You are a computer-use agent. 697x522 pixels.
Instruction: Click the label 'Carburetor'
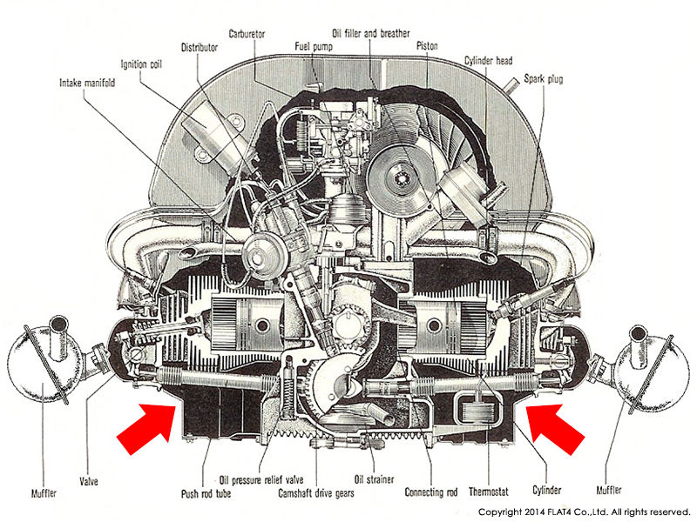(x=247, y=34)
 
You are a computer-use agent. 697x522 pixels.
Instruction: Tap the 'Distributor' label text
(x=200, y=48)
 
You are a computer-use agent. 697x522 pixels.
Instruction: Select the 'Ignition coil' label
(x=141, y=64)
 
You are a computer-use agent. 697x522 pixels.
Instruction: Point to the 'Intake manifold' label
(x=87, y=83)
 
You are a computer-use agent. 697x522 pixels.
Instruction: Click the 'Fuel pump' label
(x=314, y=47)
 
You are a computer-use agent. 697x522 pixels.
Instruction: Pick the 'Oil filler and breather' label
(x=371, y=33)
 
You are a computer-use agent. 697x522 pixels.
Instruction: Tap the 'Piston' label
(x=427, y=46)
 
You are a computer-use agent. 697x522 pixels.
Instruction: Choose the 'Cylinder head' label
(x=488, y=60)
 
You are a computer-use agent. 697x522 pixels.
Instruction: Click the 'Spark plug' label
(x=543, y=79)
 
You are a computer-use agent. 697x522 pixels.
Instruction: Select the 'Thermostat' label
(x=489, y=492)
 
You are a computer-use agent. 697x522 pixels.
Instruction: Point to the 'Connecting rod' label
(x=430, y=492)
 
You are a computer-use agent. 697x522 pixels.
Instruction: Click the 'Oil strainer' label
(x=374, y=480)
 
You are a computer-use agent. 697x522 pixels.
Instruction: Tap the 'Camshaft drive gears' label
(x=316, y=493)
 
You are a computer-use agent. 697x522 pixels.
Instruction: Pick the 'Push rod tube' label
(x=206, y=493)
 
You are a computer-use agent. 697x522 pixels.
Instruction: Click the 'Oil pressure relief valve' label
(x=261, y=480)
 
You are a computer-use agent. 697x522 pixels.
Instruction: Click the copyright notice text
(x=584, y=512)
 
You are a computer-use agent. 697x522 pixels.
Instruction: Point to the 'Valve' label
(x=89, y=481)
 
